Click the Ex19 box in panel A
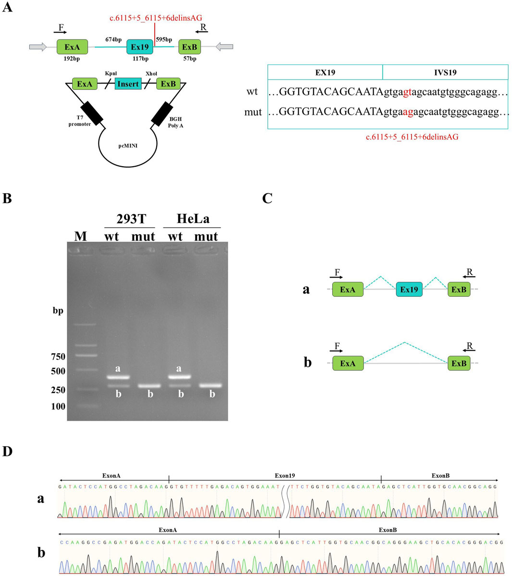tap(140, 47)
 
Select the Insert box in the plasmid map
tap(128, 84)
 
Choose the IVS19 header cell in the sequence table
tap(445, 73)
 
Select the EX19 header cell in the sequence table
tap(325, 73)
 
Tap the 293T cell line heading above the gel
tap(129, 219)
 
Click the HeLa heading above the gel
tap(193, 219)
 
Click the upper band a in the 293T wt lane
tap(118, 377)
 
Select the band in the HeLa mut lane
tap(210, 385)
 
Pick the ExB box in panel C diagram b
tap(459, 364)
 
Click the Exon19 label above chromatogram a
tap(285, 476)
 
